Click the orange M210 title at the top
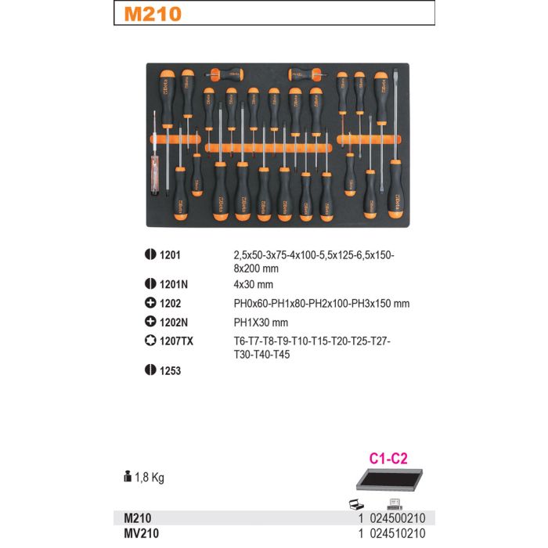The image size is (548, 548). click(x=153, y=14)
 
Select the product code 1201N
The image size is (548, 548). click(x=174, y=284)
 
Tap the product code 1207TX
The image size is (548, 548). click(x=176, y=341)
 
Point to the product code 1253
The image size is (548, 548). click(x=170, y=371)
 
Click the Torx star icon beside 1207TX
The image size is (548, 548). click(x=150, y=341)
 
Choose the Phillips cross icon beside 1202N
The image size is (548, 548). click(x=150, y=322)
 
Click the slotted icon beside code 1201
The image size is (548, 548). click(x=150, y=254)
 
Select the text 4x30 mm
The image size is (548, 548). click(x=254, y=284)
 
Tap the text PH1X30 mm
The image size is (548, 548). click(x=261, y=323)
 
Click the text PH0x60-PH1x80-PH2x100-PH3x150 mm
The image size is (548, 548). click(x=322, y=304)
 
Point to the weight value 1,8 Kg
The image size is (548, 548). click(x=150, y=478)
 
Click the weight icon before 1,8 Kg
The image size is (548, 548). click(x=128, y=476)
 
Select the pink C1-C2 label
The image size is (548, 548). click(x=388, y=459)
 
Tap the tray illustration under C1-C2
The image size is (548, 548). click(x=389, y=480)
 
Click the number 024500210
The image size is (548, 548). click(x=398, y=518)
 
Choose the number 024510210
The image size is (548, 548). click(x=398, y=534)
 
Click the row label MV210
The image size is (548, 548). click(x=142, y=534)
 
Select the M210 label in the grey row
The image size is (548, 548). click(x=138, y=518)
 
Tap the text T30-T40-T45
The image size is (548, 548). click(x=261, y=355)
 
